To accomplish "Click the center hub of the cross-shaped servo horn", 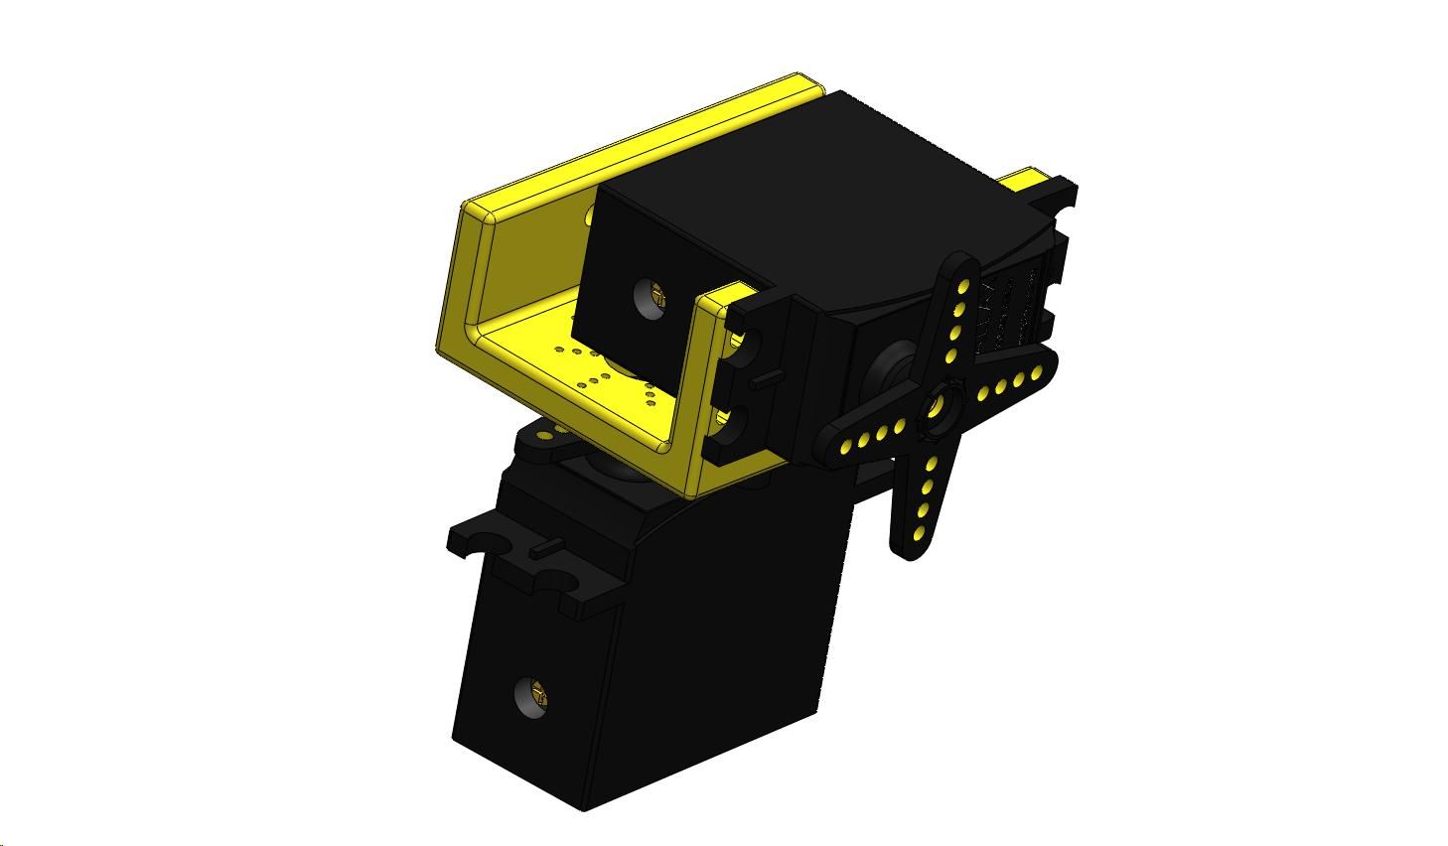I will (940, 407).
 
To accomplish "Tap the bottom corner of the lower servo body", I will (586, 806).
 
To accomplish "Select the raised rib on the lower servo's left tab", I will (544, 546).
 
